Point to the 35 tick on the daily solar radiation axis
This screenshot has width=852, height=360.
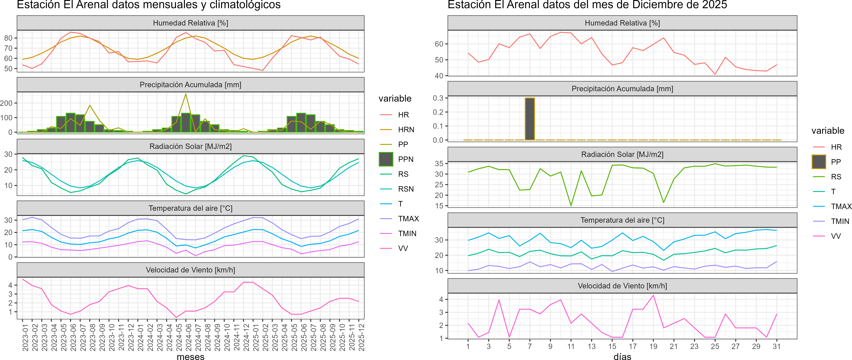click(439, 163)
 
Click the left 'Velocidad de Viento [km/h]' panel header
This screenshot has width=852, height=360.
click(190, 270)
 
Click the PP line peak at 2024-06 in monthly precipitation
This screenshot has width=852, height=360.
click(186, 94)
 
